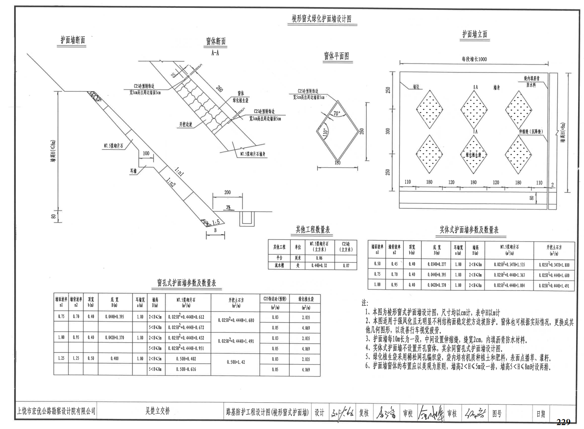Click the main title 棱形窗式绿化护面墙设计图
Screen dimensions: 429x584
322,18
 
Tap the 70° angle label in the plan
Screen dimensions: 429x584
337,113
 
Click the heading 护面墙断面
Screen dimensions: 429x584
73,40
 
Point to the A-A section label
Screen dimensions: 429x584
215,53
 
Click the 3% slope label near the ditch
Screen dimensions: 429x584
228,207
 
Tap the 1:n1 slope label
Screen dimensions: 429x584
179,171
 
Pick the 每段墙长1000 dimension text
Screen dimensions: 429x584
474,59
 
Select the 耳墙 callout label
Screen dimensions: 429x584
134,171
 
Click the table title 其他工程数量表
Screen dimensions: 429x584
313,230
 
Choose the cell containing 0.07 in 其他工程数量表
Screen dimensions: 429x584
346,266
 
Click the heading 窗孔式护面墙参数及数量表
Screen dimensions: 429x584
187,283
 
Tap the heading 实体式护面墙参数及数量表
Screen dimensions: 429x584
469,230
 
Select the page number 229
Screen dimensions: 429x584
563,422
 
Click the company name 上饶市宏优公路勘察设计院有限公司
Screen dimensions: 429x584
56,411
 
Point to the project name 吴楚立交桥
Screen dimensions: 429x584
157,411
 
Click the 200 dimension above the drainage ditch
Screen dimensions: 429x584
227,192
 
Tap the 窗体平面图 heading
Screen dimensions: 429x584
336,56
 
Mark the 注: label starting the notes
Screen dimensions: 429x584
365,303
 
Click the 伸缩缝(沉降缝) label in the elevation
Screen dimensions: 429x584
531,131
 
